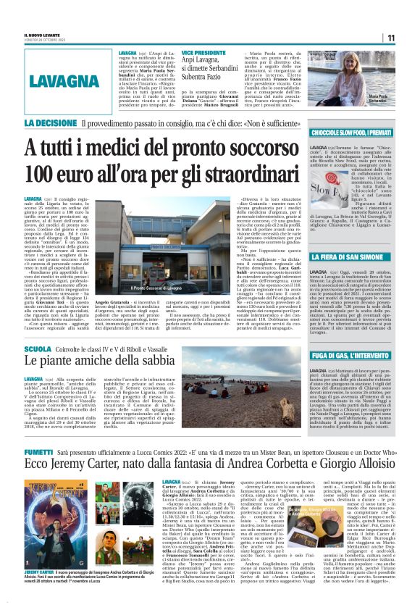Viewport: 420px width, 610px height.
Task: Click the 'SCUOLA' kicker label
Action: pyautogui.click(x=37, y=348)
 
